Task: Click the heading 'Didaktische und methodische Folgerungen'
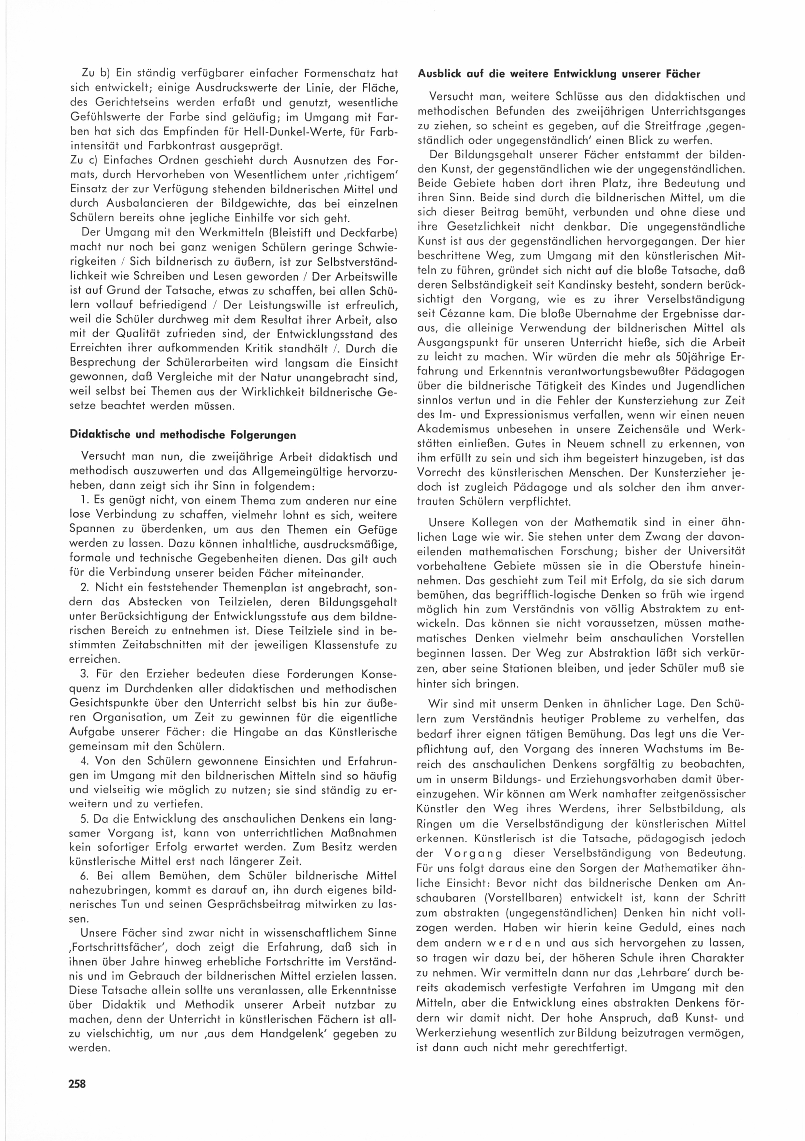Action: [182, 435]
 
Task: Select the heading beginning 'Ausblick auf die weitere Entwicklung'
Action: [559, 74]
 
